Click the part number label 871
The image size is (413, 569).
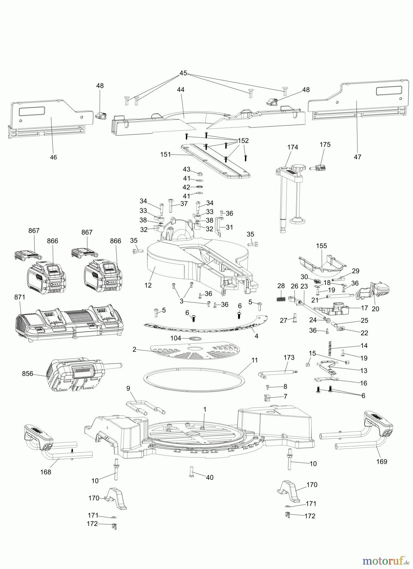point(20,297)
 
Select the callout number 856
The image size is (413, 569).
point(27,374)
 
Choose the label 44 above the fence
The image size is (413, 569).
point(181,90)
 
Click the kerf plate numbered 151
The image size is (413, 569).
point(215,161)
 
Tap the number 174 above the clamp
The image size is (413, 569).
point(293,147)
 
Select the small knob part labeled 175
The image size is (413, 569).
point(320,166)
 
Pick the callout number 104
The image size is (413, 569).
point(176,338)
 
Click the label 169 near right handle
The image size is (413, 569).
point(381,462)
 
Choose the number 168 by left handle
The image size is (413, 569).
point(46,472)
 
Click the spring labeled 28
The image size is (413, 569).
point(281,299)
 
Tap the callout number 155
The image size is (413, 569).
point(321,246)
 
